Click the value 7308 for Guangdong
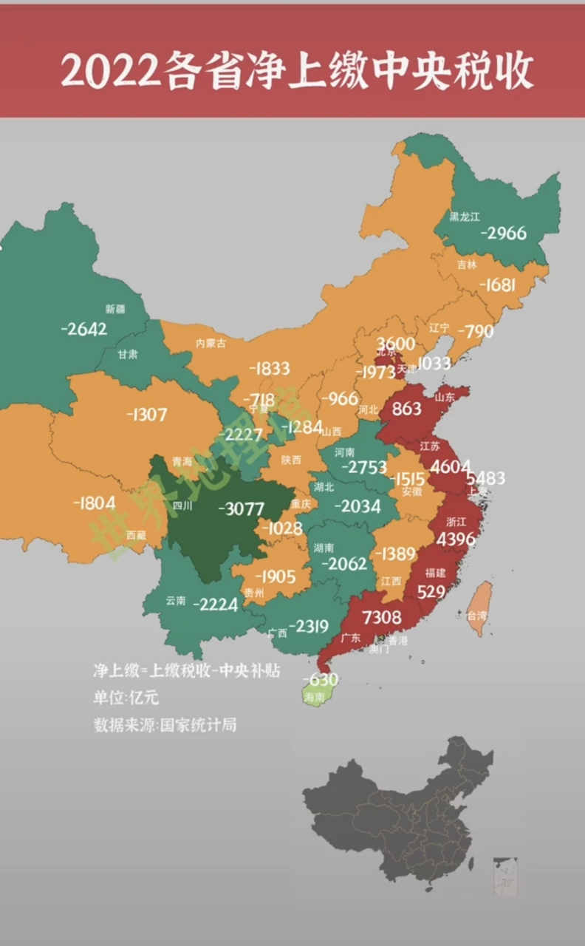pos(382,617)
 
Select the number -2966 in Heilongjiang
pos(504,233)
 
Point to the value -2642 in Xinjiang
pos(83,328)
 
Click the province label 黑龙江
pos(465,217)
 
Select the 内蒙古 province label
pos(211,343)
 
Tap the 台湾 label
pos(476,615)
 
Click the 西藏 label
pos(136,534)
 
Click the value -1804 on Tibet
pos(95,503)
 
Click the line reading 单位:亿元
pos(126,697)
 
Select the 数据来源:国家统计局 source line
pos(165,724)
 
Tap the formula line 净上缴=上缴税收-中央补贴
pos(186,670)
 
